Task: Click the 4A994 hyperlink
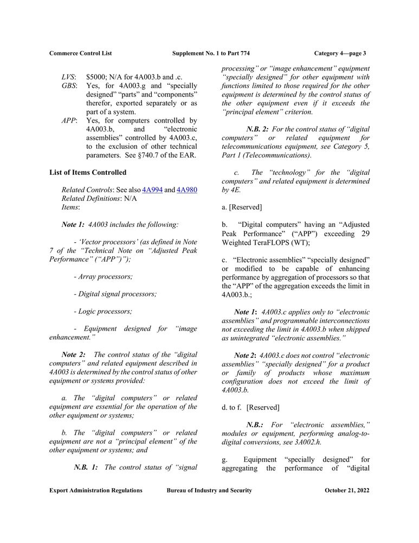click(x=152, y=190)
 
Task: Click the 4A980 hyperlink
click(x=187, y=190)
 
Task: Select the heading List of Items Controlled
click(x=88, y=172)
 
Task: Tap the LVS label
click(x=69, y=77)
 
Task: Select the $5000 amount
click(x=96, y=77)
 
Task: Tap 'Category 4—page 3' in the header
click(x=340, y=53)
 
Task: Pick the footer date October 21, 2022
click(x=347, y=490)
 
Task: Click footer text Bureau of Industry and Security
click(x=209, y=490)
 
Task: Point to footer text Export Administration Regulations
click(x=96, y=490)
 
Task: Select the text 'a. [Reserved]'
click(x=242, y=207)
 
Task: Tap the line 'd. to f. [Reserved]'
click(x=250, y=407)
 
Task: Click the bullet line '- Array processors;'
click(x=103, y=276)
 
